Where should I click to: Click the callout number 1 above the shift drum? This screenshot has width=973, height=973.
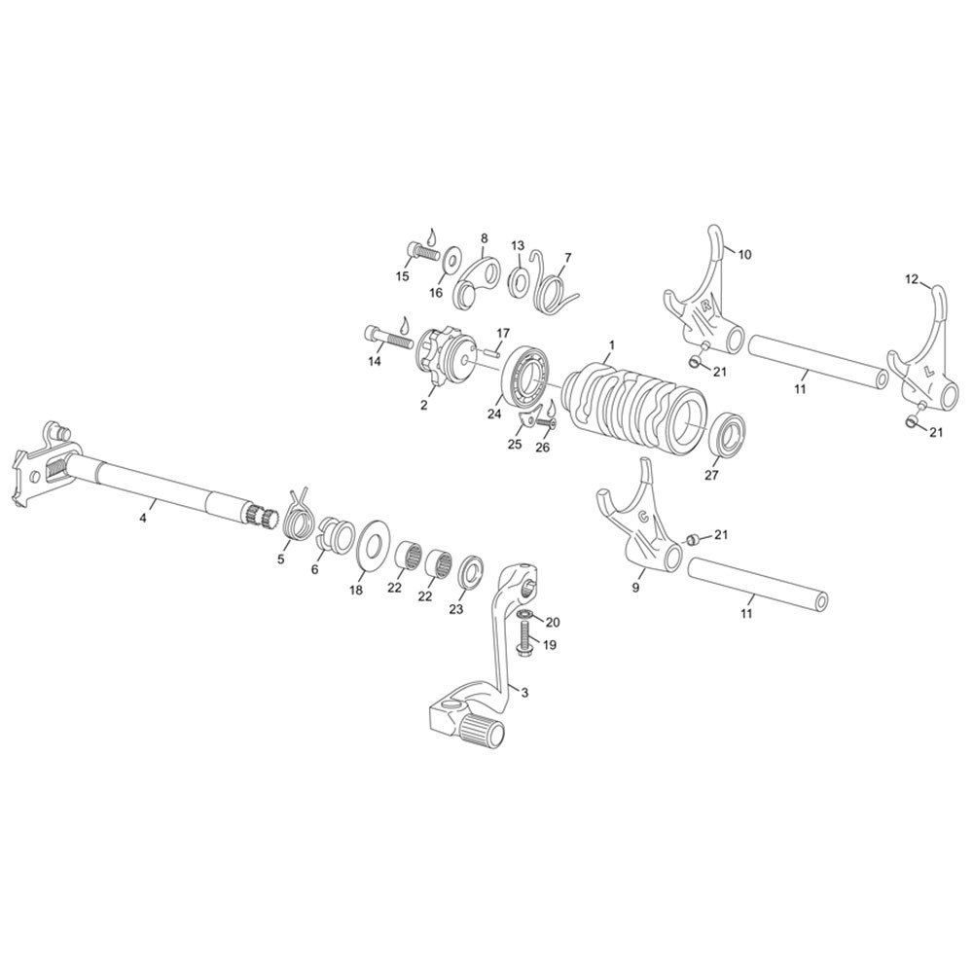tap(612, 343)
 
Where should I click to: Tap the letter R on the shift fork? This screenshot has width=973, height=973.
tap(705, 305)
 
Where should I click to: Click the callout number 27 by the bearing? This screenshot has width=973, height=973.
tap(711, 476)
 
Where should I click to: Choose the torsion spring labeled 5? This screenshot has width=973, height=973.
tap(298, 513)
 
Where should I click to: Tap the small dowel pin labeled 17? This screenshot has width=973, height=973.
tap(494, 352)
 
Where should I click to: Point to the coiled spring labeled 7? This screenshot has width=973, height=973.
tap(555, 284)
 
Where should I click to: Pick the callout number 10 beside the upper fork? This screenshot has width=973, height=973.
tap(744, 254)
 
